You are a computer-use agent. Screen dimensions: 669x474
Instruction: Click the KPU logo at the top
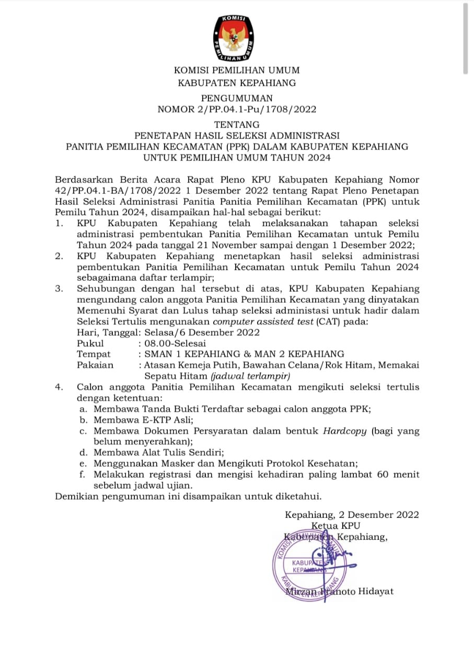coord(237,38)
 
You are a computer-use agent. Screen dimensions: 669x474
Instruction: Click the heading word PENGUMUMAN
coord(237,98)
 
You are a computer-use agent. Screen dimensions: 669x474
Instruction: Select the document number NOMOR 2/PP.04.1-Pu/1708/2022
coord(237,109)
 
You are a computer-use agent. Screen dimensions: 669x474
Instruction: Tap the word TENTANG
coord(237,124)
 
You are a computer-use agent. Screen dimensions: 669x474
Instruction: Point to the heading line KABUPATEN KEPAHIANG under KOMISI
coord(237,83)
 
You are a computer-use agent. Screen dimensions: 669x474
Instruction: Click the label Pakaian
coord(95,365)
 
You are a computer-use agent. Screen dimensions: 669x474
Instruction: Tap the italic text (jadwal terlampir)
coord(251,376)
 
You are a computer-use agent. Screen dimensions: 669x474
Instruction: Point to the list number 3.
coord(60,289)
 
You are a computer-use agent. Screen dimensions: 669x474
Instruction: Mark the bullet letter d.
coord(83,452)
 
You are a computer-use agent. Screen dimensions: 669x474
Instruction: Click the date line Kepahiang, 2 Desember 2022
coord(352,515)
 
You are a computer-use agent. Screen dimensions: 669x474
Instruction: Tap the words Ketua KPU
coord(336,526)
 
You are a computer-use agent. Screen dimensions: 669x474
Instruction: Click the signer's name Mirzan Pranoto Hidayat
coord(340,591)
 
